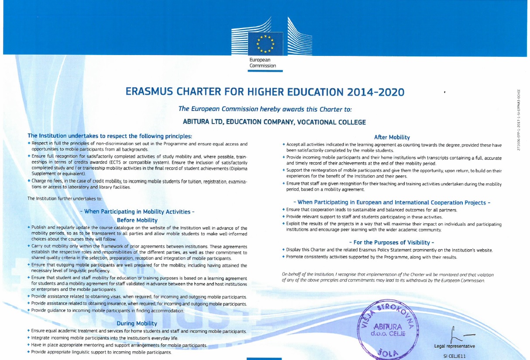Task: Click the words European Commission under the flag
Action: click(262, 62)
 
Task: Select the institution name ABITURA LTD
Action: click(208, 122)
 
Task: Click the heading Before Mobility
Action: click(137, 220)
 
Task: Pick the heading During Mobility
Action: click(137, 323)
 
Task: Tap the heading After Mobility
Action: click(392, 137)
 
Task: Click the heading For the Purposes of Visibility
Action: click(392, 242)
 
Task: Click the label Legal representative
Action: click(454, 346)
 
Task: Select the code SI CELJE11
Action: click(454, 356)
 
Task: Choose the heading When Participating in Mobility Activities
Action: click(137, 212)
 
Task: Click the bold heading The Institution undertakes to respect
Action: click(110, 135)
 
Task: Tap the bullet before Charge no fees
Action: click(29, 180)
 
